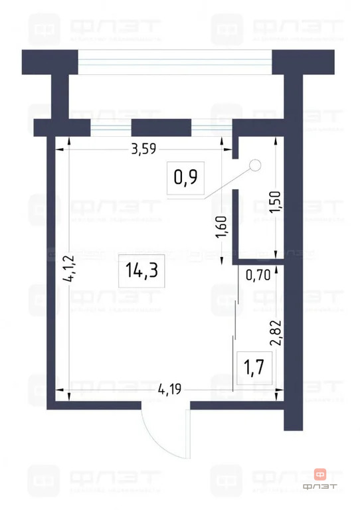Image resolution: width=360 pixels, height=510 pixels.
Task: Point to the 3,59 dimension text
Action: coord(143,149)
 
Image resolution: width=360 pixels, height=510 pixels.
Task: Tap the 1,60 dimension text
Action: coord(222,230)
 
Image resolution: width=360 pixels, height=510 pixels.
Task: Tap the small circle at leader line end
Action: coord(254,167)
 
